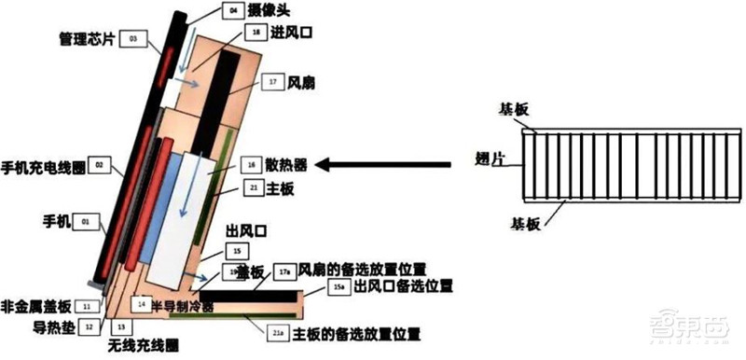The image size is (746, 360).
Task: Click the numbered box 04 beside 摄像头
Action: [x=234, y=12]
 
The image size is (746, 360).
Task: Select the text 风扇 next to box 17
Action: [x=302, y=83]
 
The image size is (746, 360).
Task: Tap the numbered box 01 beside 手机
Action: [x=86, y=222]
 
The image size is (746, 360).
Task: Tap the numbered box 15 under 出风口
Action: [x=238, y=252]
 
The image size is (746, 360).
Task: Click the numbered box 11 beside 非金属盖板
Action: [x=87, y=305]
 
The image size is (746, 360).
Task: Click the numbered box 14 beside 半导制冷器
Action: [x=141, y=304]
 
